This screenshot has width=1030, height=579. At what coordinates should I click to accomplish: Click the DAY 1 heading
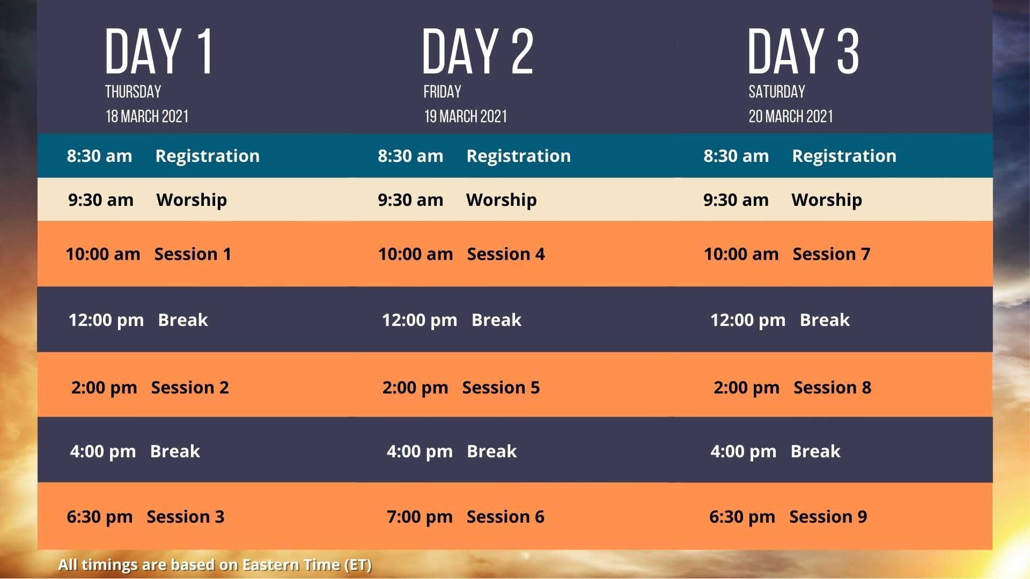[x=159, y=51]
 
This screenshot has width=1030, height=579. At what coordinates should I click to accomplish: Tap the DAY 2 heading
[x=477, y=51]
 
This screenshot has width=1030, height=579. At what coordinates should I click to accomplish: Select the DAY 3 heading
[x=803, y=51]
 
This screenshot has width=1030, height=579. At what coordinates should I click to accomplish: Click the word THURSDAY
[x=133, y=92]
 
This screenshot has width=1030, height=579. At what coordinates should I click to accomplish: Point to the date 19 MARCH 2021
[x=466, y=116]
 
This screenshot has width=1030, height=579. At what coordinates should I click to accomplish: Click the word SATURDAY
[x=777, y=92]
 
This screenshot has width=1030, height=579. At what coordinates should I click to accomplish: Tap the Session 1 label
[x=193, y=254]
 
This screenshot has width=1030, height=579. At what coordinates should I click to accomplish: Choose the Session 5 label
[x=501, y=387]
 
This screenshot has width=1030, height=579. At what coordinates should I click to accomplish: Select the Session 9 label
[x=828, y=516]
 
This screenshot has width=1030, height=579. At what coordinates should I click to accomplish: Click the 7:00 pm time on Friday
[x=420, y=517]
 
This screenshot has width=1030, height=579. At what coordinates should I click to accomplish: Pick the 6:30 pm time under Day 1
[x=100, y=517]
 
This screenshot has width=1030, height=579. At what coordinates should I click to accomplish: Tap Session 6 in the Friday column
[x=505, y=516]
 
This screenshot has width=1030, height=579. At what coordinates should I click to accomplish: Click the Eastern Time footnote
[x=215, y=565]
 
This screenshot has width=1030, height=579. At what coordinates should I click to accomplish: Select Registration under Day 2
[x=519, y=156]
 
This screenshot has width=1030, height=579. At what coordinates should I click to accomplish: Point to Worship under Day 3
[x=827, y=200]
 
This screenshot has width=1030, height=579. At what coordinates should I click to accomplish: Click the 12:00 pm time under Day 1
[x=106, y=320]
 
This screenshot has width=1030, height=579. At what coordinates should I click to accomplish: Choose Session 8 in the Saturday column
[x=833, y=387]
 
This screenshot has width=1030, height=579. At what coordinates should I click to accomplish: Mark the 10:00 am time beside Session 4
[x=416, y=254]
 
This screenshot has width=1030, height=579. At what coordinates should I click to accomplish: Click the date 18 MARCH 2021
[x=147, y=116]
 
